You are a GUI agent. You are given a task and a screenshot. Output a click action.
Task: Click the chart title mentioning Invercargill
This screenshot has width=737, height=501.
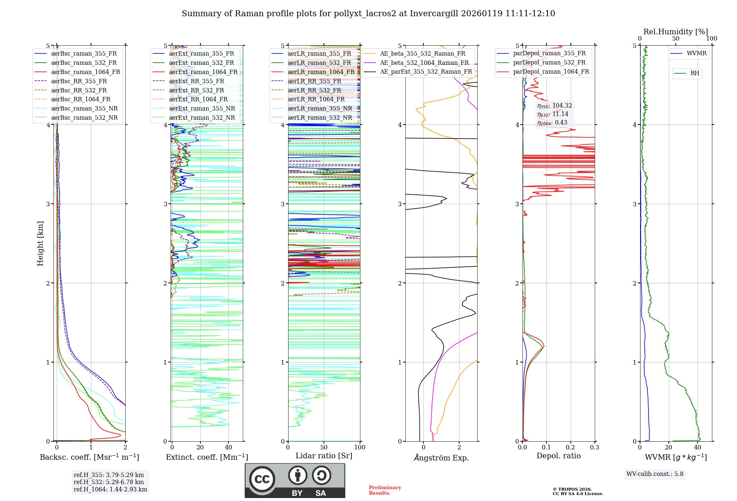pyautogui.click(x=368, y=14)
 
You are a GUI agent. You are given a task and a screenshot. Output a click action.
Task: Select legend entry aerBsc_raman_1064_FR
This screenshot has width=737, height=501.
pyautogui.click(x=85, y=72)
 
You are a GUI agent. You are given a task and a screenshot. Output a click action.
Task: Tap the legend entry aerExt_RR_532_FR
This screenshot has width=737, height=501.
pyautogui.click(x=196, y=90)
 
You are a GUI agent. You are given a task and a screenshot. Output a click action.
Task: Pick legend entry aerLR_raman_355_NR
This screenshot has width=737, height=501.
pyautogui.click(x=319, y=108)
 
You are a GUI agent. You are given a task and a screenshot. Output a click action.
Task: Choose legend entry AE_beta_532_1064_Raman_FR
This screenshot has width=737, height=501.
pyautogui.click(x=424, y=63)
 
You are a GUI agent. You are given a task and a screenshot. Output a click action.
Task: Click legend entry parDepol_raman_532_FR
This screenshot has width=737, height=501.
pyautogui.click(x=549, y=63)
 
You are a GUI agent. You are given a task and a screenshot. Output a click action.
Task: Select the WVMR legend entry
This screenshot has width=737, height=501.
pyautogui.click(x=696, y=53)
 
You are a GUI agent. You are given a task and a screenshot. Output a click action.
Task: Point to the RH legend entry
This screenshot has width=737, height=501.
pyautogui.click(x=695, y=73)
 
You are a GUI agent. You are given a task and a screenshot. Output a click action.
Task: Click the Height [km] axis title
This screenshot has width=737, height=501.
pyautogui.click(x=40, y=244)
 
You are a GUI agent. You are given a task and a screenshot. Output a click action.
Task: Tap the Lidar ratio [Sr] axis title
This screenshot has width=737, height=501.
pyautogui.click(x=324, y=456)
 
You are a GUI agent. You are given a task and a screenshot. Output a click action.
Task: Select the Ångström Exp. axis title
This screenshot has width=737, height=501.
pyautogui.click(x=441, y=458)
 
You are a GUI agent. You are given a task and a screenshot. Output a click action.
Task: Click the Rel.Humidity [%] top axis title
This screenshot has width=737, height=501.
pyautogui.click(x=675, y=32)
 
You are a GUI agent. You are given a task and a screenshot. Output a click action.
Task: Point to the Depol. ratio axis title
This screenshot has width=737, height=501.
pyautogui.click(x=558, y=456)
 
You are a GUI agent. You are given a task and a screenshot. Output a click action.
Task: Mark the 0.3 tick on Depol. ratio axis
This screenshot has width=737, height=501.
pyautogui.click(x=594, y=448)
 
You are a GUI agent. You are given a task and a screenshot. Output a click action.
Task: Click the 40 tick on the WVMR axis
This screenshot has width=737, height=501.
pyautogui.click(x=697, y=448)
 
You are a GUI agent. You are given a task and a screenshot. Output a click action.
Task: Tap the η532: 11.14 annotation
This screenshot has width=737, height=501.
pyautogui.click(x=553, y=114)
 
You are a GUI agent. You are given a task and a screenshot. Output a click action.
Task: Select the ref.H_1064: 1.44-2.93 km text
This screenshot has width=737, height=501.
pyautogui.click(x=110, y=490)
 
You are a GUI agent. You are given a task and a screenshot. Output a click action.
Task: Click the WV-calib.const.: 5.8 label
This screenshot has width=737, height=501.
pyautogui.click(x=655, y=474)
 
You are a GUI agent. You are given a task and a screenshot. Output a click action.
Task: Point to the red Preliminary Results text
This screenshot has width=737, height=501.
pyautogui.click(x=385, y=490)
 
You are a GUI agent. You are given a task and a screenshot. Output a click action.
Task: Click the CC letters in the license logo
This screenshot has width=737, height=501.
pyautogui.click(x=262, y=479)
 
